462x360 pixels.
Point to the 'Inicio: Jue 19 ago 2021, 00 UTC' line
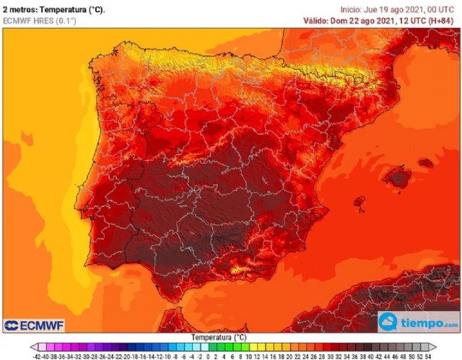point(398,9)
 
